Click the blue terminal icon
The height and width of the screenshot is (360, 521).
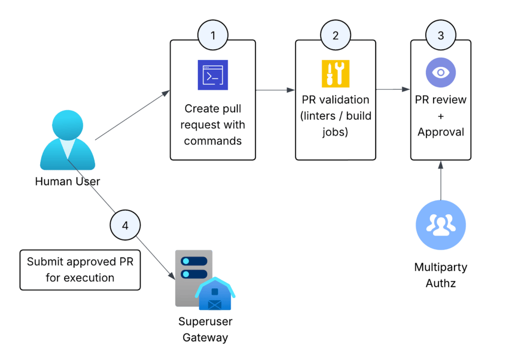[x=213, y=75]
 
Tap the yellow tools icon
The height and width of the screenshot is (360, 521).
[x=335, y=74]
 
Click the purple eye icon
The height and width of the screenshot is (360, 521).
[x=441, y=72]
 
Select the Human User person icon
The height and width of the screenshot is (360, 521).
[x=67, y=142]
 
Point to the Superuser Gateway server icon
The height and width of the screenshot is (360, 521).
[x=202, y=280]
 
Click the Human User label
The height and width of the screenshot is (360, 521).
[x=68, y=181]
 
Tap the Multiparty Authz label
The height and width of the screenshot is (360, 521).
[x=441, y=275]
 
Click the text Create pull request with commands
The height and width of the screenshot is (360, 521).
[x=213, y=125]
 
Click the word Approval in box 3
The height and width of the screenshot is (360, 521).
[x=441, y=132]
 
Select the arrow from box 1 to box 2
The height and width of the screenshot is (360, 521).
[x=275, y=90]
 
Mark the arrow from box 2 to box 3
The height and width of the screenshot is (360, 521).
[x=393, y=90]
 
